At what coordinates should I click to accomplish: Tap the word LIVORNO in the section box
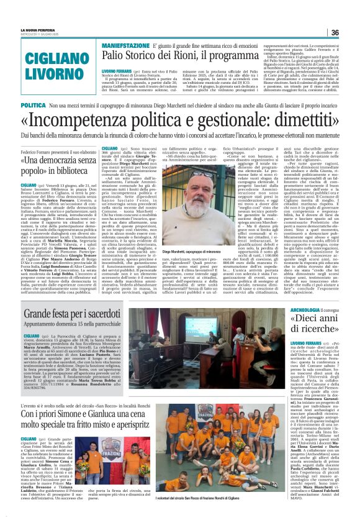pos(43,76)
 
